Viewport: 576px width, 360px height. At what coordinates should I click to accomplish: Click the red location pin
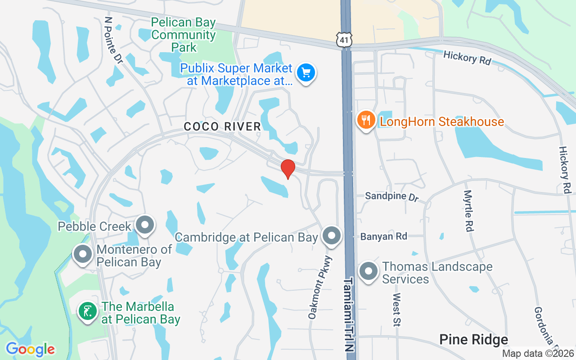pyautogui.click(x=288, y=169)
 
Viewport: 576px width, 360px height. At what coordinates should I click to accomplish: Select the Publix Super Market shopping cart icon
pyautogui.click(x=306, y=72)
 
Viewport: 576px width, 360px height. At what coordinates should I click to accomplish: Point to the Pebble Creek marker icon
pyautogui.click(x=145, y=225)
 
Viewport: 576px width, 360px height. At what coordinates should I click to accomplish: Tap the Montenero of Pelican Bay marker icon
pyautogui.click(x=83, y=254)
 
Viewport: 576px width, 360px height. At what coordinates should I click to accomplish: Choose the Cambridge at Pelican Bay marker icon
pyautogui.click(x=332, y=235)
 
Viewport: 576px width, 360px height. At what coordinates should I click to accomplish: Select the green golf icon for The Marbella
pyautogui.click(x=87, y=311)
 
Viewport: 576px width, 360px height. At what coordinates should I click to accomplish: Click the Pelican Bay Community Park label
pyautogui.click(x=184, y=35)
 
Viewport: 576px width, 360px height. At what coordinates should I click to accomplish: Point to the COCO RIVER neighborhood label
pyautogui.click(x=222, y=126)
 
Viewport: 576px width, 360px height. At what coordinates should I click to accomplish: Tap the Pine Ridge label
pyautogui.click(x=473, y=340)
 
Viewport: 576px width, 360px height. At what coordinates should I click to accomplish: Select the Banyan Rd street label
pyautogui.click(x=383, y=236)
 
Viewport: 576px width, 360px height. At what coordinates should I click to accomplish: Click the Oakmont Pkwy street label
pyautogui.click(x=320, y=288)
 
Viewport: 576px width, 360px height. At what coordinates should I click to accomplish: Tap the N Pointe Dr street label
pyautogui.click(x=113, y=41)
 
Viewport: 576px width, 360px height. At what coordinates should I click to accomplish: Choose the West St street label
pyautogui.click(x=397, y=309)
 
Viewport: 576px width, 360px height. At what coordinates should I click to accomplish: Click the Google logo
pyautogui.click(x=30, y=349)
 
